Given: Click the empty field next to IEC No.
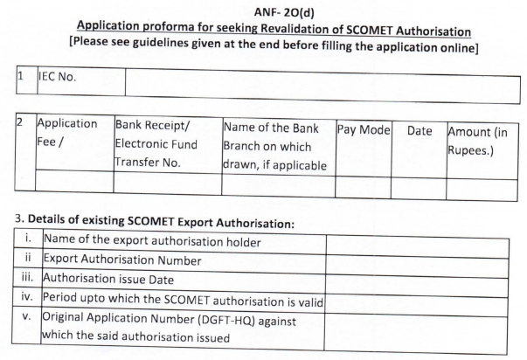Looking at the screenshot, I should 315,82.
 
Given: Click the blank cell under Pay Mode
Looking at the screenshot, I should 362,184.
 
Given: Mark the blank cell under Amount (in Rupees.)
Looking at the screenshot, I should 477,184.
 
